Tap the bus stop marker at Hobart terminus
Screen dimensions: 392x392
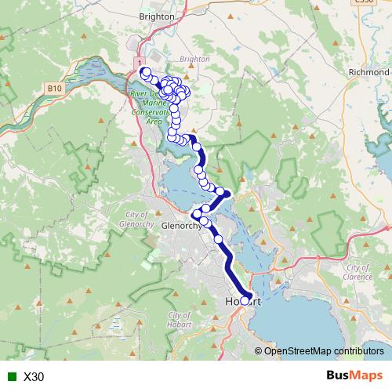245,300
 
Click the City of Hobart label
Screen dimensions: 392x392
179,320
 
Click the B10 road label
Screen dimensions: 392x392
54,89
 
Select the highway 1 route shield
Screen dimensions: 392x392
140,62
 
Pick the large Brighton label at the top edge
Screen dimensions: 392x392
155,15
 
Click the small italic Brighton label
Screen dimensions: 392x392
194,59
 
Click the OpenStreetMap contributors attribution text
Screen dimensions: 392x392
321,350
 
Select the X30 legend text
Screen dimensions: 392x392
34,377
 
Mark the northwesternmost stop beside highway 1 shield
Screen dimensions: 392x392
144,72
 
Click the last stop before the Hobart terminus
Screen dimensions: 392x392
219,239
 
